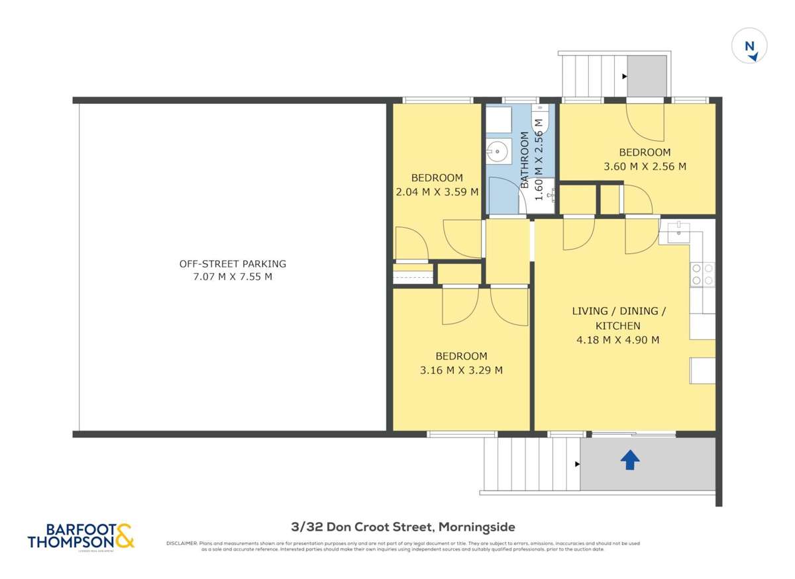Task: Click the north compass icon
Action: click(749, 48)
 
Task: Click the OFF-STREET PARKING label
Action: click(233, 263)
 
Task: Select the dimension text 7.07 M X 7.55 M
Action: click(233, 277)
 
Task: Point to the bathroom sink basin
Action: click(498, 152)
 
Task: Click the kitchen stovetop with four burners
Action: click(702, 274)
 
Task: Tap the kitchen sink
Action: click(679, 231)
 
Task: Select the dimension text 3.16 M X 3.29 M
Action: click(461, 371)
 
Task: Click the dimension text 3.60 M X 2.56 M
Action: click(645, 167)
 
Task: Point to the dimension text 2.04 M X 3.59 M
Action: click(437, 193)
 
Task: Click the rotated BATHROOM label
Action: click(525, 161)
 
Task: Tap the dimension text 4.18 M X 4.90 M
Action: click(617, 341)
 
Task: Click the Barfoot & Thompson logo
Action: click(81, 535)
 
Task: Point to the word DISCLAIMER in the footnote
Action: click(181, 543)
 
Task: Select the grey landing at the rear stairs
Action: click(647, 75)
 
